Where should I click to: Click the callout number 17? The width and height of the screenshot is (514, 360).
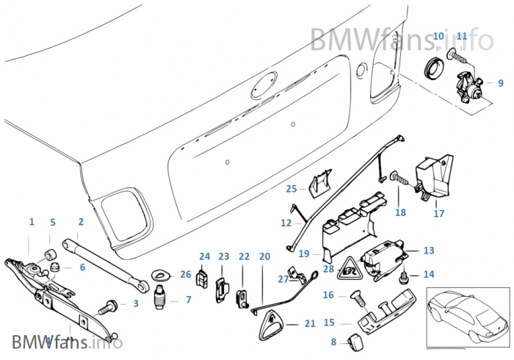(439, 214)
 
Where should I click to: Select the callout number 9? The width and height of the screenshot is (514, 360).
(501, 84)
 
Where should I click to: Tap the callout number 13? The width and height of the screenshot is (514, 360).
(429, 251)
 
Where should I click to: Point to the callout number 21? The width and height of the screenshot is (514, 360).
(310, 324)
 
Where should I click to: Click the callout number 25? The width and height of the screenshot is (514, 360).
(292, 188)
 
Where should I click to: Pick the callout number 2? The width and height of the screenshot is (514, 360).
(81, 222)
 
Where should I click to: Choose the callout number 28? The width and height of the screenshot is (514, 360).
(328, 270)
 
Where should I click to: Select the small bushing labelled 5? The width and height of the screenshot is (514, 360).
(53, 256)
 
